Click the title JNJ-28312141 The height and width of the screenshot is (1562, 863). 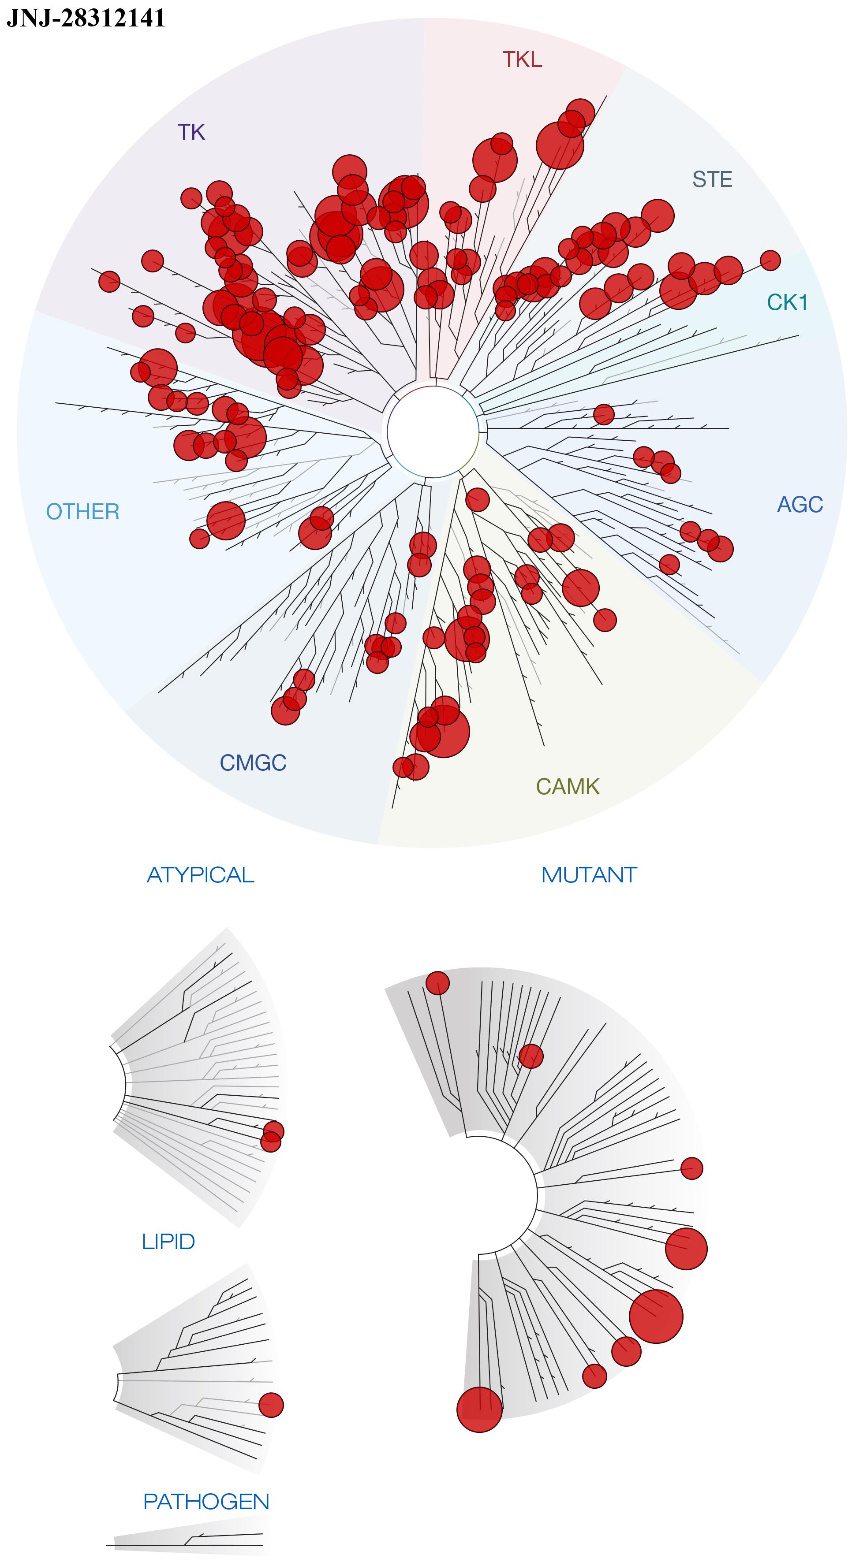(x=86, y=18)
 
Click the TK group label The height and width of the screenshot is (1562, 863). (x=191, y=132)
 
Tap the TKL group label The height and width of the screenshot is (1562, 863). (x=522, y=60)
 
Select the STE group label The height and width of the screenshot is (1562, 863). (x=712, y=179)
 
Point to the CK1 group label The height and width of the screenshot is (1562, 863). (x=787, y=302)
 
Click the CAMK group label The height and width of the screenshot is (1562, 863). (x=568, y=786)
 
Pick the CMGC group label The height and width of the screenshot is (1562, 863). (x=253, y=762)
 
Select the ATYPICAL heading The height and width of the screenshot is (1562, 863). (x=200, y=875)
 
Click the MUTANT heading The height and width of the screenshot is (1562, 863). (x=589, y=875)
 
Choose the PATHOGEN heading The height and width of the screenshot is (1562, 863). (x=206, y=1501)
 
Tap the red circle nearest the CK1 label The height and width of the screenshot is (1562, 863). (x=770, y=260)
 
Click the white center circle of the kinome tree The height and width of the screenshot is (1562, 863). (x=432, y=432)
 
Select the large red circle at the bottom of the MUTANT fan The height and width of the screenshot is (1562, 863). (x=479, y=1410)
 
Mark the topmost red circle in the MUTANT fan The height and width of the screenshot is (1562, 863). (x=437, y=983)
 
